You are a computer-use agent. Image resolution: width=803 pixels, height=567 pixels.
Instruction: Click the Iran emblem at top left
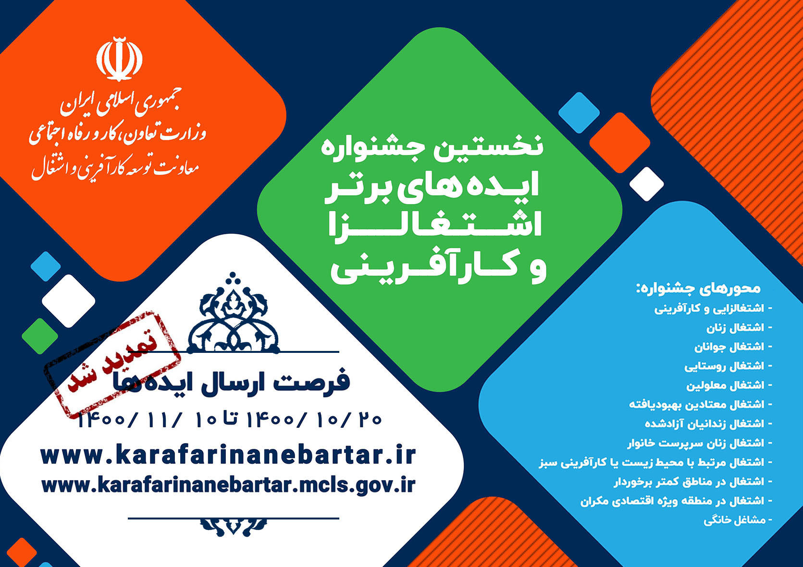tap(119, 59)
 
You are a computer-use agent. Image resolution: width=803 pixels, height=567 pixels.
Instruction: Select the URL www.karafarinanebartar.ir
tap(228, 455)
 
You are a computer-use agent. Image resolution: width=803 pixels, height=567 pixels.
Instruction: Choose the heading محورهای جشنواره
tap(698, 288)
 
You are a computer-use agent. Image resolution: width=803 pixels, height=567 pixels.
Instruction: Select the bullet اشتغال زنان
tap(734, 327)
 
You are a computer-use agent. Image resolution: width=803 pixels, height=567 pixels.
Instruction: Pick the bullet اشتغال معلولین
tap(725, 385)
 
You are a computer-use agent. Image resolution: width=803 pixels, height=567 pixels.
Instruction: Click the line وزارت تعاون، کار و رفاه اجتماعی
tap(118, 134)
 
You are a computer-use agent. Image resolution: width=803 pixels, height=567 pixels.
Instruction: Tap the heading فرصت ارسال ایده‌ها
tap(231, 383)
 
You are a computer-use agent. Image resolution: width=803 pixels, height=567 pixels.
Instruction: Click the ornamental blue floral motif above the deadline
tap(233, 313)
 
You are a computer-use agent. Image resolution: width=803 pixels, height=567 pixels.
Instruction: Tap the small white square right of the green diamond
tap(646, 183)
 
